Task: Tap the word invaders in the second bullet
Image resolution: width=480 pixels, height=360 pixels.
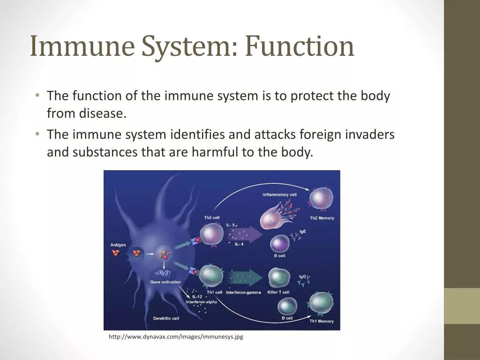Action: click(370, 135)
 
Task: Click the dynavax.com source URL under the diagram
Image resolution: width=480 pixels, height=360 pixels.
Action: click(176, 337)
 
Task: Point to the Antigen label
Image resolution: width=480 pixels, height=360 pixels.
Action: click(118, 245)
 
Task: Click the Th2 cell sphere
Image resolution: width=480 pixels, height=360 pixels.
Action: click(212, 234)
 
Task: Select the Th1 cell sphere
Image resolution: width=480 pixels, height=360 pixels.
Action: click(211, 276)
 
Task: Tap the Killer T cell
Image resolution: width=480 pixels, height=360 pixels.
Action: click(279, 278)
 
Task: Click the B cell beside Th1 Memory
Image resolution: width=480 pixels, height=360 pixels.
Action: click(286, 306)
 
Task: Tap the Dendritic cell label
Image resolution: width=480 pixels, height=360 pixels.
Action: click(166, 318)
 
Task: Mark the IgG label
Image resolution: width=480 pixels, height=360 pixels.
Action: click(302, 277)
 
